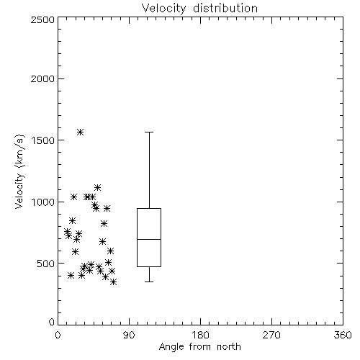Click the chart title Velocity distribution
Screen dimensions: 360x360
(x=199, y=9)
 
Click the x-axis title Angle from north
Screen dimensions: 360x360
(x=199, y=347)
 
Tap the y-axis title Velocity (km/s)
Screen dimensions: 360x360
(x=19, y=171)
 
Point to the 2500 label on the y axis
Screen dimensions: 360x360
(x=42, y=19)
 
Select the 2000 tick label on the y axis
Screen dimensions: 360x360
(x=42, y=78)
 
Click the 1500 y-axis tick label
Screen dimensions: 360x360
(x=43, y=140)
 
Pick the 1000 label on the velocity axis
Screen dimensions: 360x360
(x=43, y=202)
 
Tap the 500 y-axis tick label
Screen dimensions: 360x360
(x=46, y=264)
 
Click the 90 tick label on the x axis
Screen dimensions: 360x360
(x=129, y=335)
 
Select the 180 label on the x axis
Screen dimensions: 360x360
(x=200, y=335)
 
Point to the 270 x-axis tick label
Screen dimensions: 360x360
(x=271, y=335)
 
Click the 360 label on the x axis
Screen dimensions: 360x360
(x=343, y=335)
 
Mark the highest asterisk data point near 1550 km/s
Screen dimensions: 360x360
(x=80, y=132)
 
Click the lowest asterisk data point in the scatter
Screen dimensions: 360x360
(x=114, y=282)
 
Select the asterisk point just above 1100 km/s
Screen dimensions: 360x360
(x=97, y=187)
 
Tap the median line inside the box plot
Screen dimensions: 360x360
(x=149, y=239)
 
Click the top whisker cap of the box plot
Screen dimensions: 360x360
(x=149, y=132)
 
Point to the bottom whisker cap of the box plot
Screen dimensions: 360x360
(x=149, y=282)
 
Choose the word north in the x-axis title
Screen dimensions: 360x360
(x=229, y=347)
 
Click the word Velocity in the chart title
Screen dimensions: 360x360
(x=163, y=9)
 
